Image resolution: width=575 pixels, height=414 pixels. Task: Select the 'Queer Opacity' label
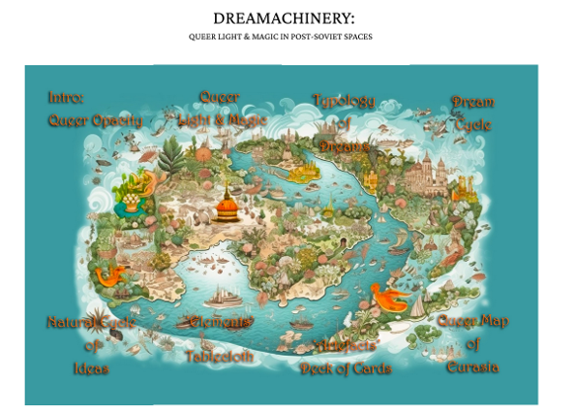pyautogui.click(x=95, y=121)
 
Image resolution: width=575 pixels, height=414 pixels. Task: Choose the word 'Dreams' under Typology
pyautogui.click(x=344, y=144)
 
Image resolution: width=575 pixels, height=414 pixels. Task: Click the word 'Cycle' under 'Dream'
pyautogui.click(x=474, y=125)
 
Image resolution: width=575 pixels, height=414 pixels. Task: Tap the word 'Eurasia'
pyautogui.click(x=470, y=367)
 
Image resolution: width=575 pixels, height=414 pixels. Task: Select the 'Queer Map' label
pyautogui.click(x=470, y=322)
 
